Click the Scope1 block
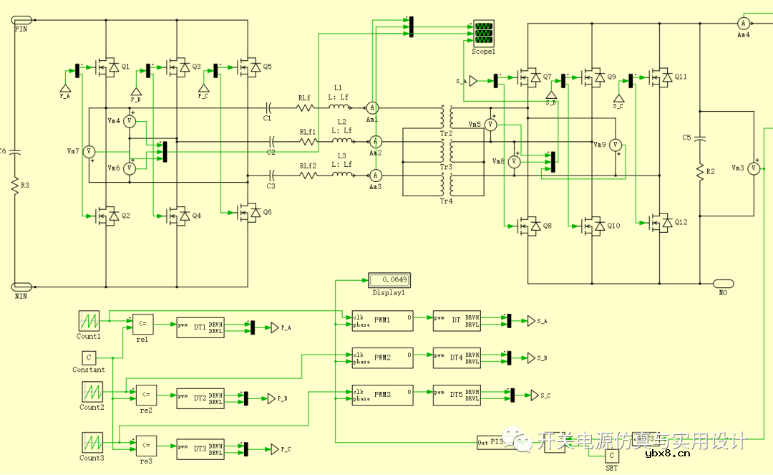484,34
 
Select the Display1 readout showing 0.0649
389,279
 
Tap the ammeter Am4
743,24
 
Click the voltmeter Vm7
89,151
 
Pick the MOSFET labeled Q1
107,67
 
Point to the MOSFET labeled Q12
661,225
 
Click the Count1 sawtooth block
89,320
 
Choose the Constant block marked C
89,357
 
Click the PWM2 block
382,357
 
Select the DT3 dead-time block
200,449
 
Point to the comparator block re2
145,395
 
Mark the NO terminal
723,283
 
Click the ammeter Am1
372,107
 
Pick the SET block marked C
611,456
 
